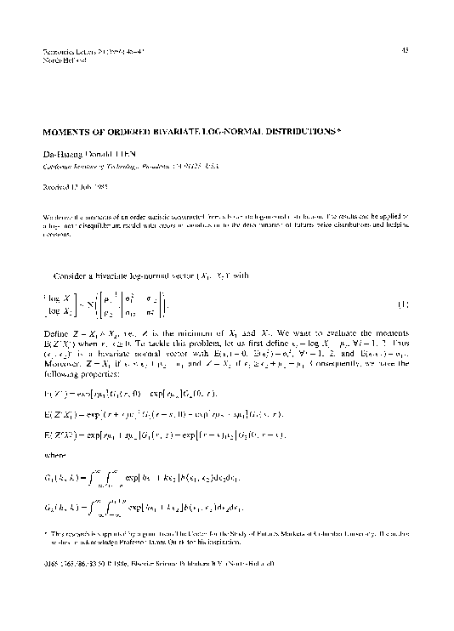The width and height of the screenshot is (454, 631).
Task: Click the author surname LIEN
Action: point(125,154)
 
